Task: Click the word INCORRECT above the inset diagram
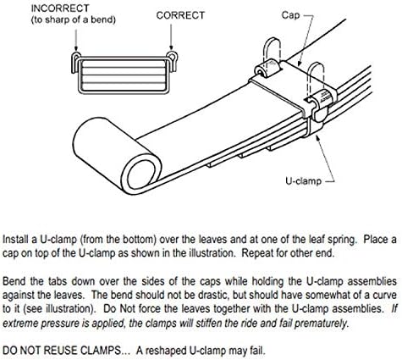pyautogui.click(x=60, y=8)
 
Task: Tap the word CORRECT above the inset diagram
pyautogui.click(x=180, y=15)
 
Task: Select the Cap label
pyautogui.click(x=290, y=14)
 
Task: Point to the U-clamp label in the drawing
pyautogui.click(x=303, y=180)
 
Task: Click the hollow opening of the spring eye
pyautogui.click(x=141, y=174)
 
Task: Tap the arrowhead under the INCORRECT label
pyautogui.click(x=75, y=48)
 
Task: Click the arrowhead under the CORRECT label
pyautogui.click(x=171, y=48)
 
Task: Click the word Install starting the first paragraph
pyautogui.click(x=16, y=240)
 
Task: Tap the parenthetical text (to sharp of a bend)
pyautogui.click(x=74, y=19)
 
